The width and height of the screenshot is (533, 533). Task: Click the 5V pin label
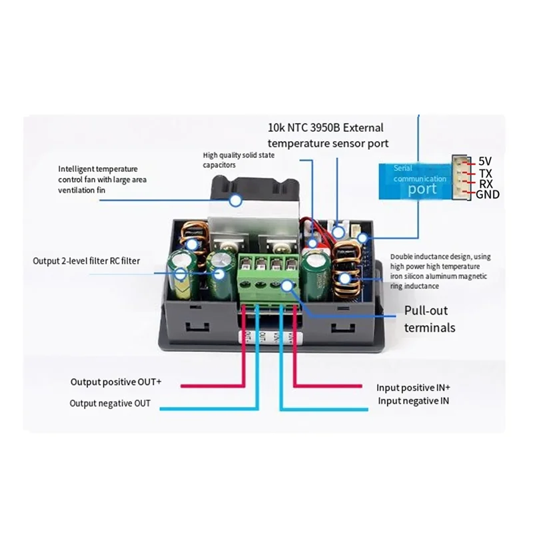pos(486,161)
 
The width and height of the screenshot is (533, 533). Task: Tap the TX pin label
pos(486,172)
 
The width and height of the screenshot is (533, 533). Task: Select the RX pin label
pos(486,183)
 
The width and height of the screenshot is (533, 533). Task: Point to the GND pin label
pos(488,195)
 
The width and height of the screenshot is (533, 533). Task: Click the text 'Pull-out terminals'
pos(430,319)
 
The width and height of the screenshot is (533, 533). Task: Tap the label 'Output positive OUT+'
pos(116,382)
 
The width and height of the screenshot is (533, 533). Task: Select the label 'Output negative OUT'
pos(110,403)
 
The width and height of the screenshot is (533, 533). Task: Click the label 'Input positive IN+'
pos(413,387)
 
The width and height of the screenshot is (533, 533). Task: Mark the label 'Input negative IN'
pos(413,400)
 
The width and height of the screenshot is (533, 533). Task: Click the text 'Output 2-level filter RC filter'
pos(87,261)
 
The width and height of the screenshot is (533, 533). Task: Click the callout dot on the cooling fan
pos(235,199)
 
